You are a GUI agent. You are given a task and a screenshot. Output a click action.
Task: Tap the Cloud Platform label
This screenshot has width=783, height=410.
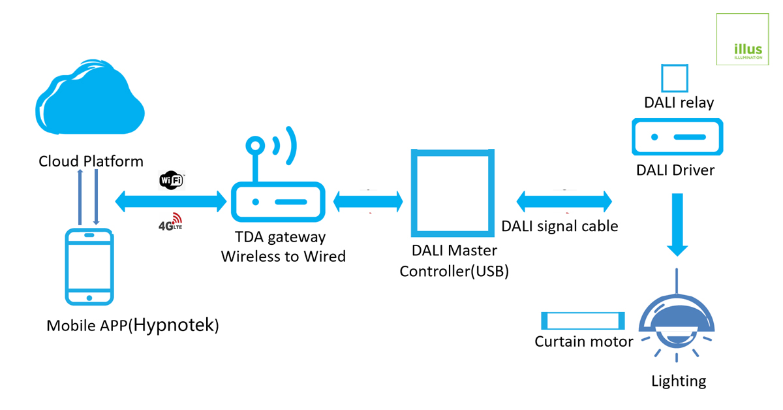point(91,161)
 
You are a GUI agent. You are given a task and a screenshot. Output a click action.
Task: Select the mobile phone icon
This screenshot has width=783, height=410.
point(89,266)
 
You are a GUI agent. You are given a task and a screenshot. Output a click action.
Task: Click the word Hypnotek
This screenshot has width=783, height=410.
point(174,325)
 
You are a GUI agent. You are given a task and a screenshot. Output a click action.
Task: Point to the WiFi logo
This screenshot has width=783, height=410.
point(172,181)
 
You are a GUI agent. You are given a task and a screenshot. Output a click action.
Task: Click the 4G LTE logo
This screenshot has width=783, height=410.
point(170,223)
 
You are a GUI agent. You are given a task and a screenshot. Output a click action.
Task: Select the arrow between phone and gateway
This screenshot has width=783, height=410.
point(171,200)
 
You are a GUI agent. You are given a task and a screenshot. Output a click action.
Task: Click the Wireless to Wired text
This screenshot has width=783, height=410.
point(283,256)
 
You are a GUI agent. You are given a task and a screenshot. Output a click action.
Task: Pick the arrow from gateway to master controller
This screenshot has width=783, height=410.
point(368,201)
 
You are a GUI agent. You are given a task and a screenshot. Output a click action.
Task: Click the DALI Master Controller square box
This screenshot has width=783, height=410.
point(450,194)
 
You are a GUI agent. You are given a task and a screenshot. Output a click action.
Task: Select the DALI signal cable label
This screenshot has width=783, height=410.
point(560,226)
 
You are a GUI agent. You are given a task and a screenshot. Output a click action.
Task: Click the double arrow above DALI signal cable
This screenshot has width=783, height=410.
point(564,200)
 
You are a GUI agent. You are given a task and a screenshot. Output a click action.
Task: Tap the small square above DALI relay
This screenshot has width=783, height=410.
point(675,78)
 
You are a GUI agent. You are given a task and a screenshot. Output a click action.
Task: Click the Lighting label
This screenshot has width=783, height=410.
point(679,381)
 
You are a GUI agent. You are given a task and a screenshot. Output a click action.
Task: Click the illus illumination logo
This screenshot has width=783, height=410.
point(743,39)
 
